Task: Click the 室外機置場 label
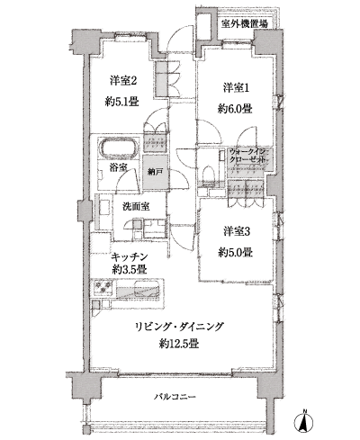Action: pyautogui.click(x=244, y=24)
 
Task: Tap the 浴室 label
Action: pyautogui.click(x=117, y=167)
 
